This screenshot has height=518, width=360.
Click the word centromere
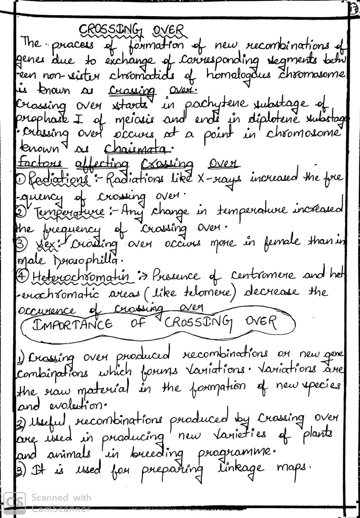tap(263, 276)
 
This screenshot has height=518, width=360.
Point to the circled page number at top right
tap(354, 9)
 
